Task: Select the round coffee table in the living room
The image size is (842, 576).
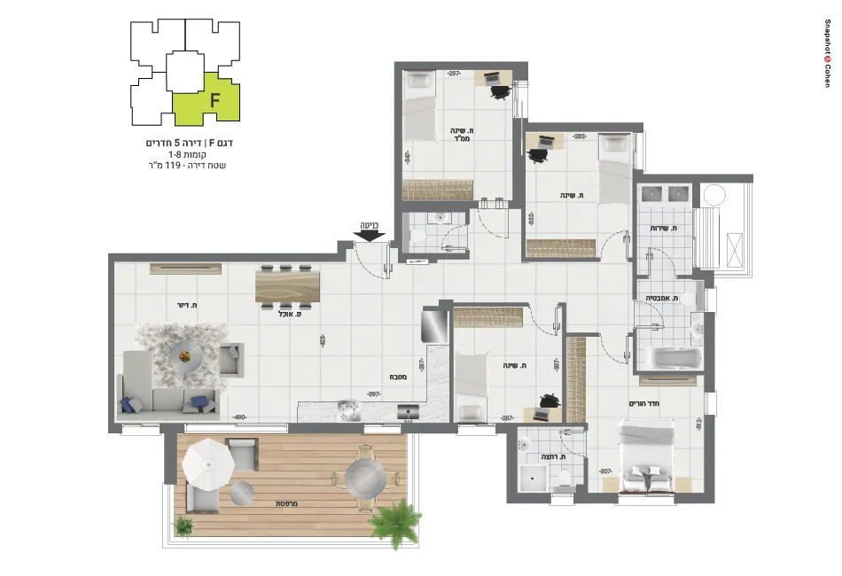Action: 185,356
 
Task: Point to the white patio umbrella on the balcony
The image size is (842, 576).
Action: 204,463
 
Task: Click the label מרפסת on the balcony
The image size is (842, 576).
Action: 285,503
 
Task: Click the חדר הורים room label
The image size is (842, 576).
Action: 647,403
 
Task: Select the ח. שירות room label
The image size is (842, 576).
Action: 664,229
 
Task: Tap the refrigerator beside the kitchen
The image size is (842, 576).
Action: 433,325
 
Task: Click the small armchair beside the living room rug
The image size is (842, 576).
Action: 231,359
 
